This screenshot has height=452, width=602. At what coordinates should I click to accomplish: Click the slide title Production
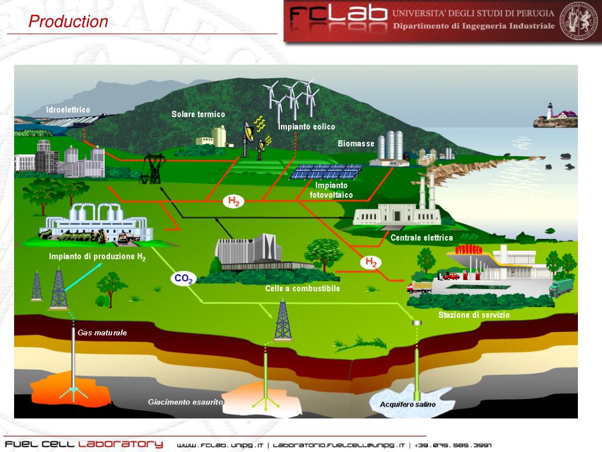coord(69,22)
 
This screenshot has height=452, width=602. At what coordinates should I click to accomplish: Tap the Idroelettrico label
coord(68,110)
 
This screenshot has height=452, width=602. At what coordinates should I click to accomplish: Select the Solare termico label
coord(198,114)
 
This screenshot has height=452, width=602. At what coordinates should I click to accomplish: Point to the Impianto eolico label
coord(306,127)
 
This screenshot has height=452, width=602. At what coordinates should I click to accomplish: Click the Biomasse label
coord(356,144)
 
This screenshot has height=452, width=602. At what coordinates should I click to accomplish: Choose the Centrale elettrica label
coord(422,238)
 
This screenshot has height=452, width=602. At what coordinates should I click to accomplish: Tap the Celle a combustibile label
coord(302,288)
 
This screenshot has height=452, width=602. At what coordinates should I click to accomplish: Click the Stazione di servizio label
coord(474,315)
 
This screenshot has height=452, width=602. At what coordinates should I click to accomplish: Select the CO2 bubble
coord(183,279)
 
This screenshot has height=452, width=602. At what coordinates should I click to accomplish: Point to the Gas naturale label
coord(102,333)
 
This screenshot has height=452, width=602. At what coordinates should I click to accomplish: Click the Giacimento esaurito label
coord(185,402)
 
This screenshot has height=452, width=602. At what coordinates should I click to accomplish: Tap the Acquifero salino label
coord(407,404)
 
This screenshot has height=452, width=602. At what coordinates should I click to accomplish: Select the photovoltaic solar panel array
coord(327,172)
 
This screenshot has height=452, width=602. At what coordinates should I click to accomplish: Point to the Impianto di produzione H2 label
coord(98,257)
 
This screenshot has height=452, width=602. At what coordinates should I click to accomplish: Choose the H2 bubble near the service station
coord(372,262)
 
